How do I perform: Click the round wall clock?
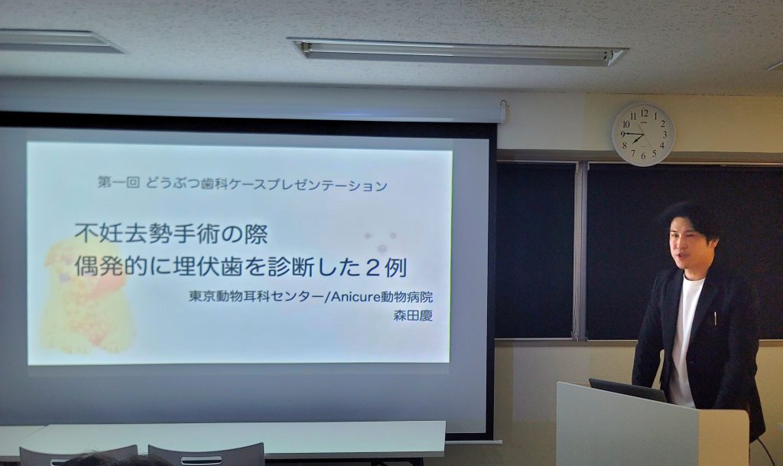pyautogui.click(x=642, y=135)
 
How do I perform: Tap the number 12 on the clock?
pyautogui.click(x=644, y=113)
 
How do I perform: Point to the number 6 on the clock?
pyautogui.click(x=642, y=156)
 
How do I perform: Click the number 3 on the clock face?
pyautogui.click(x=664, y=135)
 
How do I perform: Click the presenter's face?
pyautogui.click(x=688, y=246)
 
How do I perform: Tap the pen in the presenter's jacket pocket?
pyautogui.click(x=715, y=318)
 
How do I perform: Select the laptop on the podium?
pyautogui.click(x=627, y=390)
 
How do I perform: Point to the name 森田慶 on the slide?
pyautogui.click(x=413, y=316)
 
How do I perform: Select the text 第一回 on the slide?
pyautogui.click(x=119, y=184)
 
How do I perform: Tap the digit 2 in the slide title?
pyautogui.click(x=371, y=269)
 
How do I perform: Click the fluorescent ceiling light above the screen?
pyautogui.click(x=457, y=52)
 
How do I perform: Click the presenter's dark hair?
pyautogui.click(x=688, y=218)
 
